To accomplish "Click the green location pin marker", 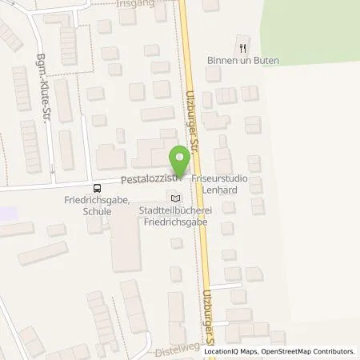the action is click(x=180, y=158).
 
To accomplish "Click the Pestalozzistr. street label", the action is click(x=148, y=177).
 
